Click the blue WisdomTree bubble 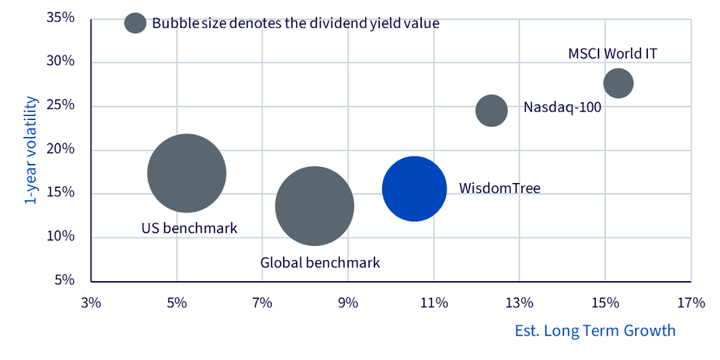pyautogui.click(x=415, y=189)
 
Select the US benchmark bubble pyautogui.click(x=187, y=173)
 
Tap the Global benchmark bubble pyautogui.click(x=314, y=206)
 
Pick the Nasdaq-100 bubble pyautogui.click(x=491, y=110)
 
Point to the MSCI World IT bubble pyautogui.click(x=619, y=83)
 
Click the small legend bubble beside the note pyautogui.click(x=136, y=23)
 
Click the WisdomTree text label pyautogui.click(x=500, y=188)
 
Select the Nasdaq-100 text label pyautogui.click(x=563, y=107)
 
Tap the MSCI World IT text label pyautogui.click(x=613, y=53)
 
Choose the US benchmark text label pyautogui.click(x=190, y=228)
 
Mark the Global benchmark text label pyautogui.click(x=320, y=263)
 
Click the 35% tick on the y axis pyautogui.click(x=61, y=17)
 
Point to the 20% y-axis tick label pyautogui.click(x=61, y=149)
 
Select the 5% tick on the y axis pyautogui.click(x=65, y=280)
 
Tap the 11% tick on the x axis pyautogui.click(x=434, y=303)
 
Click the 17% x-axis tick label pyautogui.click(x=691, y=303)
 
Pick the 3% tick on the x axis pyautogui.click(x=91, y=303)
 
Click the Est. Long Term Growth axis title pyautogui.click(x=595, y=331)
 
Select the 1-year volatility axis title pyautogui.click(x=31, y=150)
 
